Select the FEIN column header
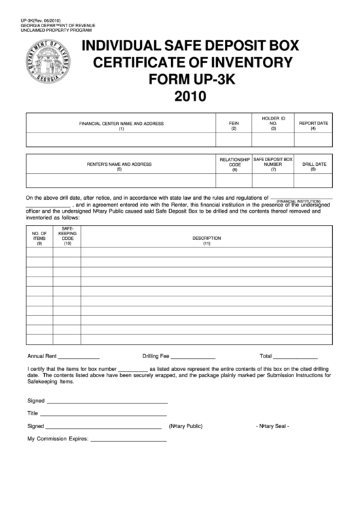pyautogui.click(x=234, y=126)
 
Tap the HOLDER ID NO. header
pyautogui.click(x=274, y=123)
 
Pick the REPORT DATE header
pyautogui.click(x=314, y=126)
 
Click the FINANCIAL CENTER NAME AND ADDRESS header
pyautogui.click(x=121, y=126)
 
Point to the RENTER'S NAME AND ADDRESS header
pyautogui.click(x=119, y=166)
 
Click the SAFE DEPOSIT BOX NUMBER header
pyautogui.click(x=273, y=164)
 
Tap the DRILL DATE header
pyautogui.click(x=314, y=166)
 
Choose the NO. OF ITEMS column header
pyautogui.click(x=39, y=238)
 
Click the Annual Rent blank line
pyautogui.click(x=79, y=357)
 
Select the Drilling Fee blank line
pyautogui.click(x=193, y=357)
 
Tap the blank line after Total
pyautogui.click(x=295, y=357)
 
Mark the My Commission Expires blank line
pyautogui.click(x=128, y=440)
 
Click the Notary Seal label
pyautogui.click(x=273, y=426)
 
